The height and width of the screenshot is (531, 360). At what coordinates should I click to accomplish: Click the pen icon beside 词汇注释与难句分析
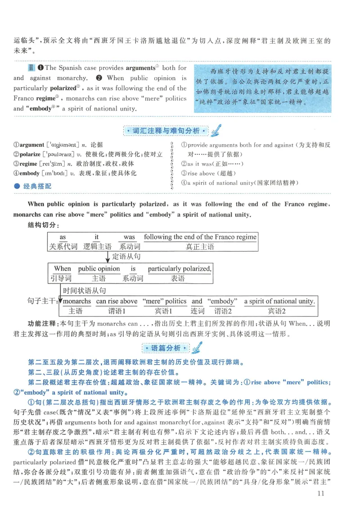(x=216, y=130)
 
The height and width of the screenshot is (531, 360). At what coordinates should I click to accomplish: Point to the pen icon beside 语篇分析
(x=196, y=348)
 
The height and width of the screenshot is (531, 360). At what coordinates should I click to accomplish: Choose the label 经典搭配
(x=37, y=186)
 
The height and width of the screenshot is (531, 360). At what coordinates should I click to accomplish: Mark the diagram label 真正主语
(x=200, y=246)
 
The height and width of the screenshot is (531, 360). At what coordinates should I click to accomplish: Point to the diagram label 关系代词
(x=63, y=246)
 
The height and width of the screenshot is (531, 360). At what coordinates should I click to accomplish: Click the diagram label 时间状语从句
(x=84, y=290)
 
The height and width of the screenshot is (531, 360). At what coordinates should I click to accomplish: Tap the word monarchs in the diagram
(x=76, y=301)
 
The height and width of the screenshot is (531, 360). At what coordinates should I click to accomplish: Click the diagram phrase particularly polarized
(x=179, y=269)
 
